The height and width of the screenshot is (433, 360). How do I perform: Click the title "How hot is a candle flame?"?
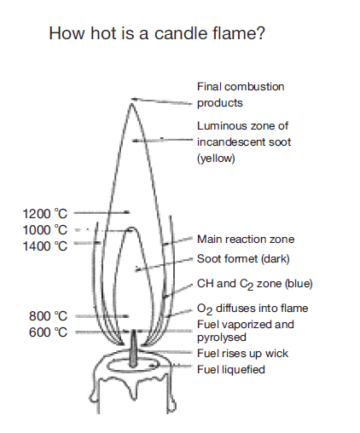tap(157, 33)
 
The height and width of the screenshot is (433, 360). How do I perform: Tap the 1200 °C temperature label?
tap(45, 214)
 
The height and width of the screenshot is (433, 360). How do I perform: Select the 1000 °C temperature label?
tap(45, 230)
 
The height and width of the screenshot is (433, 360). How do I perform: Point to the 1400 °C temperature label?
tap(45, 246)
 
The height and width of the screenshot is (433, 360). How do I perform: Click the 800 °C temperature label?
tap(48, 316)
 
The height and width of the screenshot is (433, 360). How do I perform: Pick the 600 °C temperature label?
tap(48, 332)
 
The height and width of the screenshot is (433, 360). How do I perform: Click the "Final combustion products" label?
tap(241, 95)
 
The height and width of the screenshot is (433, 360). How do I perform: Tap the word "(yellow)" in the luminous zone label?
tap(216, 159)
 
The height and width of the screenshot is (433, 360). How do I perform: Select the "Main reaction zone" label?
tap(246, 240)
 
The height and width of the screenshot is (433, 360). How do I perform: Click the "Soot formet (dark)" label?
tap(243, 259)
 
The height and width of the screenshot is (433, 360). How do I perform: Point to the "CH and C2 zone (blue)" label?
tap(255, 284)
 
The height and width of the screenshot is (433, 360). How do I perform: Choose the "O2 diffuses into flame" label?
tap(253, 309)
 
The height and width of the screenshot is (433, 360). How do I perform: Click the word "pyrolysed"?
tap(222, 338)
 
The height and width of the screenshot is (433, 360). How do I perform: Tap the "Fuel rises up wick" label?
tap(242, 354)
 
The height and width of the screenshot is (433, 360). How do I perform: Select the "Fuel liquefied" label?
tap(231, 370)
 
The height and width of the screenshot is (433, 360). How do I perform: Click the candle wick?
tap(133, 349)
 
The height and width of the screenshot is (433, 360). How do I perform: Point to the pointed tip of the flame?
tap(131, 104)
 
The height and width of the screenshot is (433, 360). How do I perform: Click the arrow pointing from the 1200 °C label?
tap(102, 212)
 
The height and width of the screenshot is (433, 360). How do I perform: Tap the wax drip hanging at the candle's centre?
tap(133, 389)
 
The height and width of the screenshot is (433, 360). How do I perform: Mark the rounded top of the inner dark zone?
tap(132, 228)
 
